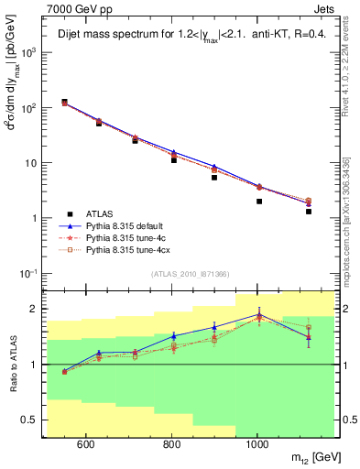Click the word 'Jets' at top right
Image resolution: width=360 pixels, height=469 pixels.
[324, 7]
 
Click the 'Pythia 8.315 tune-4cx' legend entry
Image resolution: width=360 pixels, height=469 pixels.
[129, 248]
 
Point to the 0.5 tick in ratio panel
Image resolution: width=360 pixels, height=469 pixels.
[32, 420]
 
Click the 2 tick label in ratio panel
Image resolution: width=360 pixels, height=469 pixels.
[36, 309]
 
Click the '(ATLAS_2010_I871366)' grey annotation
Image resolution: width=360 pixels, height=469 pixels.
[190, 274]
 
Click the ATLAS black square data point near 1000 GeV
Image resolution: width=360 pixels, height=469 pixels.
[259, 202]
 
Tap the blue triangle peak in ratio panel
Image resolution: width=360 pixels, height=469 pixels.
[259, 314]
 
